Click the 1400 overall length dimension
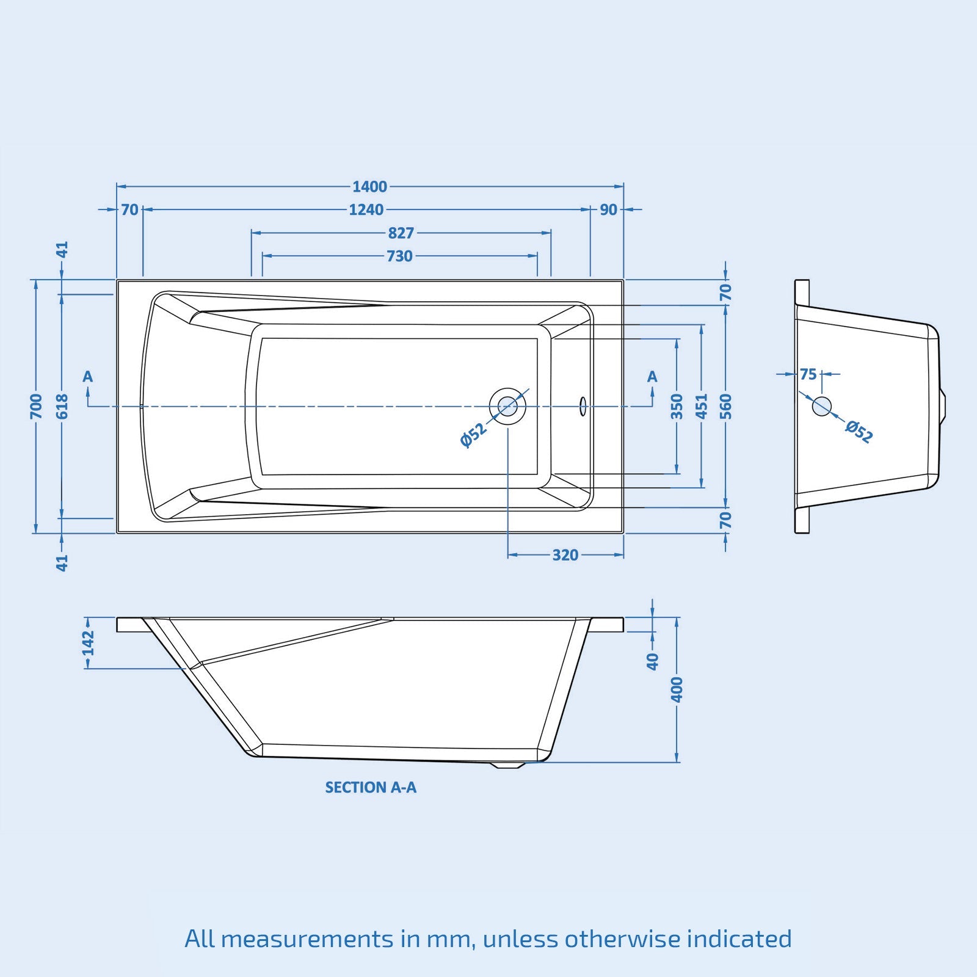[x=369, y=186]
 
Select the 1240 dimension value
[x=366, y=209]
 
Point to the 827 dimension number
[x=401, y=233]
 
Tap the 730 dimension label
[x=399, y=256]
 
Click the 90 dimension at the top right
[x=608, y=209]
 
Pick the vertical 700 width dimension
[x=36, y=406]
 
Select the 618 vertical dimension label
[x=62, y=406]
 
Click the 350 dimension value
[x=677, y=406]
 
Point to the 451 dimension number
[x=702, y=406]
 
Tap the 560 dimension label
[x=725, y=406]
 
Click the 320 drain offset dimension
[x=565, y=555]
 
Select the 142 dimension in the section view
[x=89, y=643]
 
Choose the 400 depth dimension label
[x=677, y=689]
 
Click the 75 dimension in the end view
[x=808, y=374]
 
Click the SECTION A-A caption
[x=371, y=787]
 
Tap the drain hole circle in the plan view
[x=507, y=406]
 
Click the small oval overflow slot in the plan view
[x=583, y=406]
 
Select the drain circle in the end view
[x=822, y=406]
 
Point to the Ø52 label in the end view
[x=859, y=431]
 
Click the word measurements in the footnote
[x=307, y=939]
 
